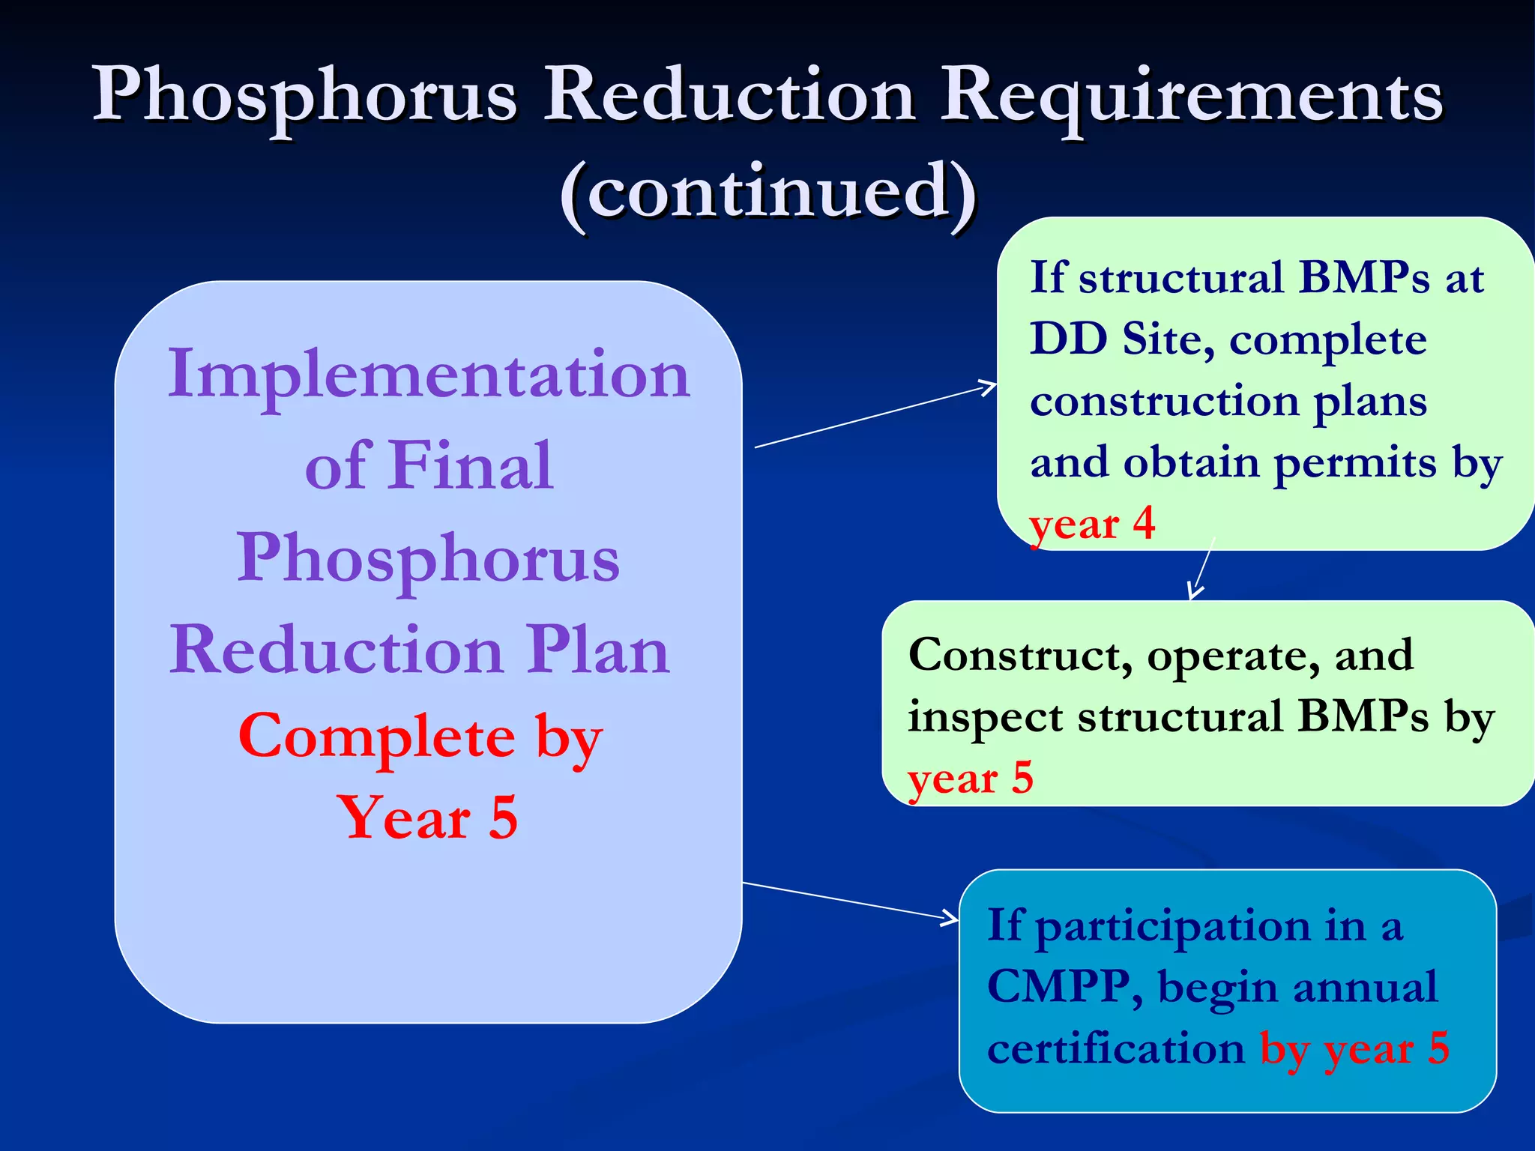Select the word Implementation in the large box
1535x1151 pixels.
tap(428, 375)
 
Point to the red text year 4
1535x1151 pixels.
tap(1092, 524)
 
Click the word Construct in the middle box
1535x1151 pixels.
tap(1019, 656)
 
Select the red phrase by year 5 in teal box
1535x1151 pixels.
tap(1354, 1048)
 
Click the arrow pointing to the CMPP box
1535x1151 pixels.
tap(851, 901)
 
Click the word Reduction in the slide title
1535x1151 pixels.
tap(729, 96)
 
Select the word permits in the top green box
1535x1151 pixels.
tap(1354, 464)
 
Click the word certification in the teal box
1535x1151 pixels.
tap(1115, 1048)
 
